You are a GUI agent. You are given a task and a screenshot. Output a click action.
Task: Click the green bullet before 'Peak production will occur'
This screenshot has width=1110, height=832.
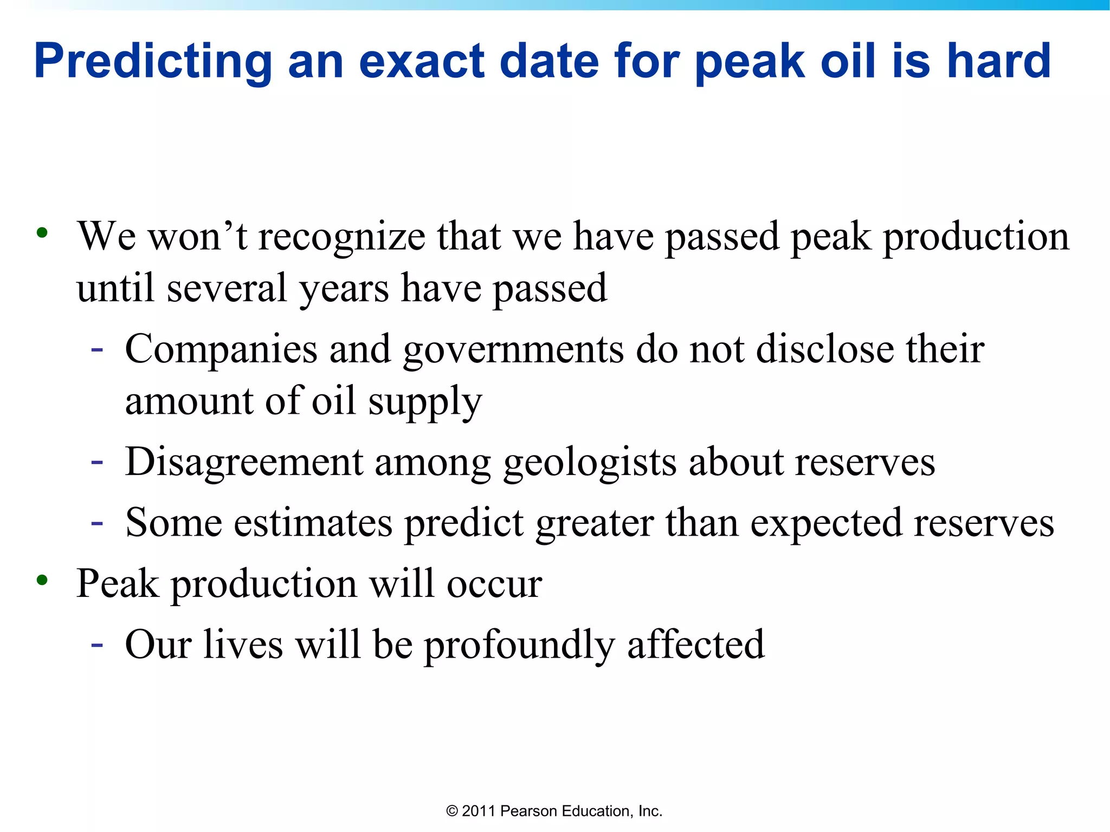(42, 581)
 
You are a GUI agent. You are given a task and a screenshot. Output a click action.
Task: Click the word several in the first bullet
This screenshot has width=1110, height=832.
(227, 288)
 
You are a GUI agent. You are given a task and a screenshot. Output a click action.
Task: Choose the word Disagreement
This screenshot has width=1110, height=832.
(244, 462)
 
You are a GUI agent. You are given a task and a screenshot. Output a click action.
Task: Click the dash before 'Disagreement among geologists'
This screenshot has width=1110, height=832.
(97, 462)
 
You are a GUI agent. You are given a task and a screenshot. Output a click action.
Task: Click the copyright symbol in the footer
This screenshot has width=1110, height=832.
(452, 811)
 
